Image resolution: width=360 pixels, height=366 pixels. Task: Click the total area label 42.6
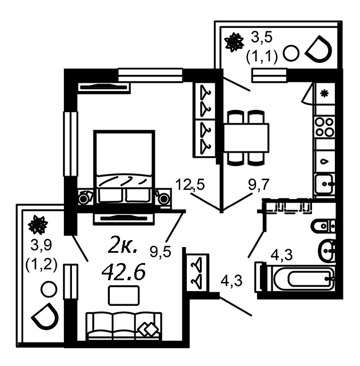point(123,272)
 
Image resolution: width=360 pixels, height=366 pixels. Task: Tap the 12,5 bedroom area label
point(190,184)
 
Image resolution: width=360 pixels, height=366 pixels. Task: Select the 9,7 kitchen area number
point(259,185)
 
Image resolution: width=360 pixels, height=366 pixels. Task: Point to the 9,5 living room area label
point(160,251)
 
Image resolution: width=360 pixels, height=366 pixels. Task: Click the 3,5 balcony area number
point(261,37)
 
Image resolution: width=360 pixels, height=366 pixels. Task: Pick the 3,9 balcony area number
point(41,245)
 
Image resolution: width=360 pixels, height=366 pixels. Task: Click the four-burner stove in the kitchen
point(325,127)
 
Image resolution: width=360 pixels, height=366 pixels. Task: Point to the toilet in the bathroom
point(323,226)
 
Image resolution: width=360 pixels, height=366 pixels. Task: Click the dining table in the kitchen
point(246,138)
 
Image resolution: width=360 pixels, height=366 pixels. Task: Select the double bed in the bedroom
point(124,168)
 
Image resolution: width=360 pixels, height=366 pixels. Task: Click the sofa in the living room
point(124,327)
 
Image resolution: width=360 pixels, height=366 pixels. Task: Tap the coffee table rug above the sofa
point(124,296)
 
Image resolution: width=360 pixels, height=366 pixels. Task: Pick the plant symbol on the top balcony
point(234,42)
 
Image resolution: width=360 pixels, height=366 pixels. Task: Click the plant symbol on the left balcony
point(38,225)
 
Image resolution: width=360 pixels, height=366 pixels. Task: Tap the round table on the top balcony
point(291,53)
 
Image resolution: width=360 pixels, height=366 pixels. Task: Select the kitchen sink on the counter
point(324,184)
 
